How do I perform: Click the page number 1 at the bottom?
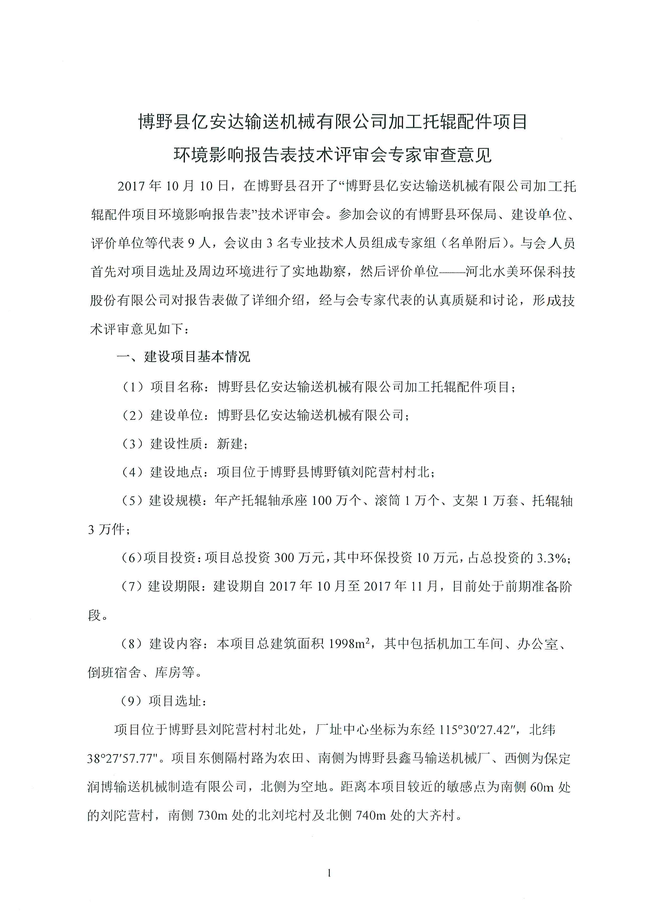point(329,873)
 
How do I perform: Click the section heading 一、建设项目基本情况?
point(183,356)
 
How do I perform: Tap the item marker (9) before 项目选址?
point(131,701)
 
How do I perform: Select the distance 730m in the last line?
point(213,815)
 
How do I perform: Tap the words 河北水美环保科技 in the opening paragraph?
point(520,272)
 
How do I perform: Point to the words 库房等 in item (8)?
point(175,672)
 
